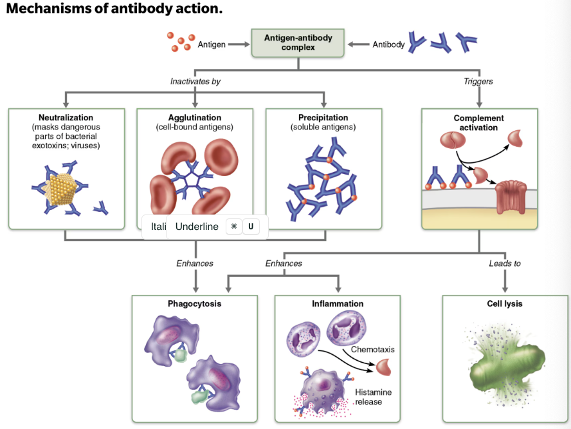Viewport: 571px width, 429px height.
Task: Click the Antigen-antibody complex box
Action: pyautogui.click(x=298, y=43)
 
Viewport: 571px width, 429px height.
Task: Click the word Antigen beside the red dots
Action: pyautogui.click(x=212, y=44)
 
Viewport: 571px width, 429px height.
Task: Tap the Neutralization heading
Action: pyautogui.click(x=66, y=118)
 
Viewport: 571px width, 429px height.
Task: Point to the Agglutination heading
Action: pyautogui.click(x=194, y=118)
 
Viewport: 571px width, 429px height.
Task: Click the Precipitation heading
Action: pyautogui.click(x=323, y=118)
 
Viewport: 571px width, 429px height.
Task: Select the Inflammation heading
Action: pyautogui.click(x=338, y=304)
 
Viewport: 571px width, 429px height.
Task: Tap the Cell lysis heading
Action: pyautogui.click(x=505, y=304)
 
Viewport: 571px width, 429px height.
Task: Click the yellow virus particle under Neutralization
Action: pyautogui.click(x=64, y=187)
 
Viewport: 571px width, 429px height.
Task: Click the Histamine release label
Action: pyautogui.click(x=373, y=397)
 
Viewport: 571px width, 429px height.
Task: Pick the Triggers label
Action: pyautogui.click(x=478, y=82)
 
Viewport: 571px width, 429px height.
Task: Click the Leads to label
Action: pyautogui.click(x=505, y=263)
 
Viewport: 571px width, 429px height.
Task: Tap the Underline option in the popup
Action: pyautogui.click(x=197, y=227)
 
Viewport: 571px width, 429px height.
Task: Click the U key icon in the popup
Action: pyautogui.click(x=251, y=227)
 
